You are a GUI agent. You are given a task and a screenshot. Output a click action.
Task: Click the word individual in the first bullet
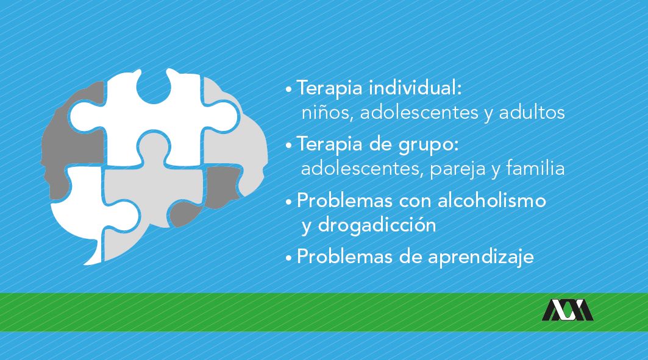click(x=415, y=88)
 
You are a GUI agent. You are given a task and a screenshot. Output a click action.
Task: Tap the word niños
click(x=327, y=113)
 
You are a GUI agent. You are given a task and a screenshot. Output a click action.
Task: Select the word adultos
click(x=532, y=112)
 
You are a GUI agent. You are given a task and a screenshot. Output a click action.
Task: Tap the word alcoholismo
click(x=492, y=200)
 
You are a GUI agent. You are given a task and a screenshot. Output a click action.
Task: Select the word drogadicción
click(x=377, y=225)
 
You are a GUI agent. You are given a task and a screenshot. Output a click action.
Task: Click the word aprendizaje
click(x=481, y=257)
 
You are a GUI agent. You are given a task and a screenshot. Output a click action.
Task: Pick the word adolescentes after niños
click(x=419, y=112)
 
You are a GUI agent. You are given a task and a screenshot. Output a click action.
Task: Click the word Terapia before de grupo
click(x=330, y=144)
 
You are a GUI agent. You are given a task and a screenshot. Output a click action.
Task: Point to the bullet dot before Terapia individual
click(x=289, y=89)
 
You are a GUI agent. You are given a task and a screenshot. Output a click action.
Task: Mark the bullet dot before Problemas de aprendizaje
click(x=289, y=258)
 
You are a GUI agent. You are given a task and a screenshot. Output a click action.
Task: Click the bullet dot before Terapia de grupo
click(x=289, y=146)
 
